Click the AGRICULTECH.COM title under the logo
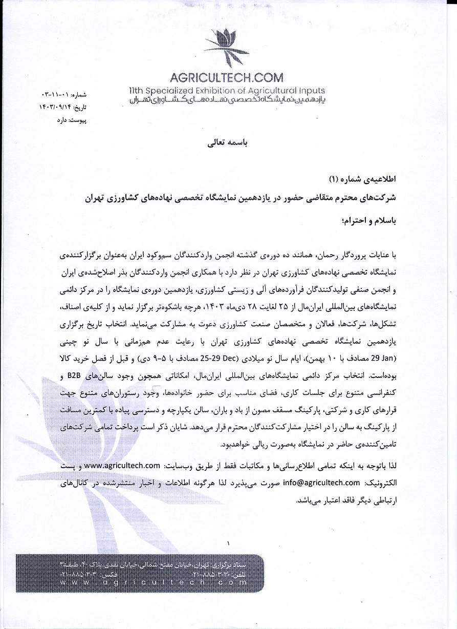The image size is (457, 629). (226, 78)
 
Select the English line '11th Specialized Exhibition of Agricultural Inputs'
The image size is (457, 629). (226, 91)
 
